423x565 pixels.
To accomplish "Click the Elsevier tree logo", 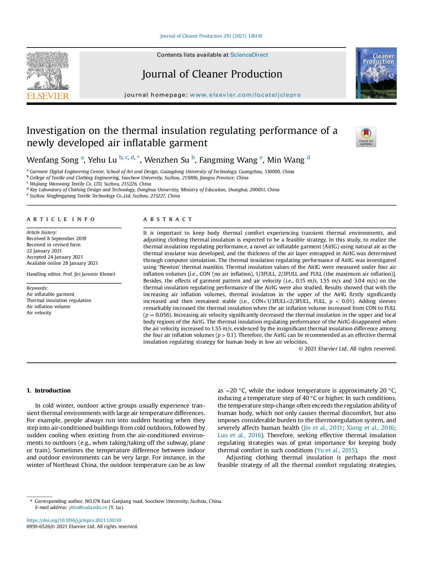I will (48, 70).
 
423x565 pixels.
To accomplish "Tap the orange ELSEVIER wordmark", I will (48, 96).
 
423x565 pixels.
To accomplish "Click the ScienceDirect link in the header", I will (249, 55).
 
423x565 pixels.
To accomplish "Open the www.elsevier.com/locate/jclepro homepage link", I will (245, 95).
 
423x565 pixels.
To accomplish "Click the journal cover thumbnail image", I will (376, 73).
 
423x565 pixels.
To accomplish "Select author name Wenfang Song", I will (53, 160).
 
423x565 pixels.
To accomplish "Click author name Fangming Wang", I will (228, 160).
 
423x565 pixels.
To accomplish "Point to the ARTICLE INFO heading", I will (61, 219).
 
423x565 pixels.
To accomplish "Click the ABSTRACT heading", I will (168, 219).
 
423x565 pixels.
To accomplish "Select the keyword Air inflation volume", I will (48, 306).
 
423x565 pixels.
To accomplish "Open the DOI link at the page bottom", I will (74, 520).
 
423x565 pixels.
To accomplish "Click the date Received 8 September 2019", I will (56, 238).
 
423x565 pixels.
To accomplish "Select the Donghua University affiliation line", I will (154, 190).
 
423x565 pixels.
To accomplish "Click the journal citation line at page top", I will (211, 36).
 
